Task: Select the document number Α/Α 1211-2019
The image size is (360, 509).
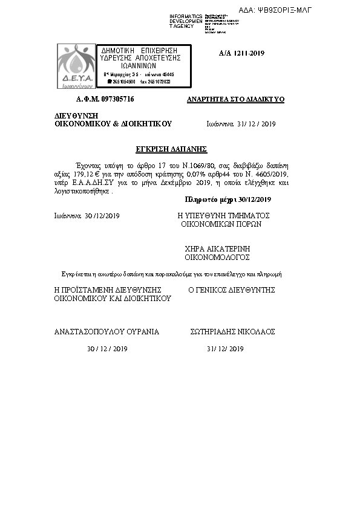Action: click(241, 53)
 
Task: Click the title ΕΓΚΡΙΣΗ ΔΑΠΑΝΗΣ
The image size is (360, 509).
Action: click(171, 148)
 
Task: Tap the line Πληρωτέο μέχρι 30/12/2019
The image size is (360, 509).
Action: click(228, 199)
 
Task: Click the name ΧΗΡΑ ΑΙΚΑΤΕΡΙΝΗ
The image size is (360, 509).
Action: click(217, 248)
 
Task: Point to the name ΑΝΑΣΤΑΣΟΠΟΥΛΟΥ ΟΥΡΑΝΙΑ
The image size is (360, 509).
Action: click(106, 332)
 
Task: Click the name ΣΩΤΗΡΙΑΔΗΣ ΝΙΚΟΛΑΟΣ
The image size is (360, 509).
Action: click(232, 332)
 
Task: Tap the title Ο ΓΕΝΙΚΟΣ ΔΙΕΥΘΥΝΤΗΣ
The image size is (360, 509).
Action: click(232, 290)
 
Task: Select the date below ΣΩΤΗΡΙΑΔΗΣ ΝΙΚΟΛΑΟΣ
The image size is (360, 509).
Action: click(224, 349)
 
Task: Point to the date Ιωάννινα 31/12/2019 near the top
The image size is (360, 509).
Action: click(241, 123)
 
